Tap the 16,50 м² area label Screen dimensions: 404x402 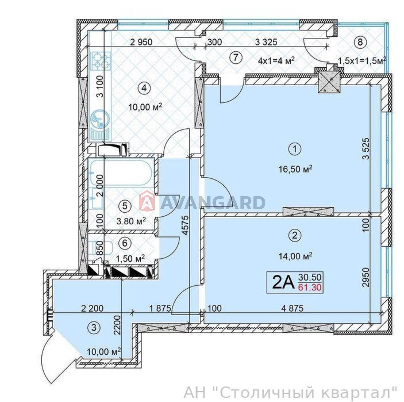(295, 169)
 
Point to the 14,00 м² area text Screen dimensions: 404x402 (295, 256)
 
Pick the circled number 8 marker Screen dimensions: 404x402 (360, 42)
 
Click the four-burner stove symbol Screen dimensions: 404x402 (100, 61)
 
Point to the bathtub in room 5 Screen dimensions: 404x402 (121, 173)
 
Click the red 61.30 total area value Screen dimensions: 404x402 (310, 287)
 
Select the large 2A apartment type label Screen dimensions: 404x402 (283, 282)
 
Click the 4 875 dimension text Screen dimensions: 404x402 (292, 308)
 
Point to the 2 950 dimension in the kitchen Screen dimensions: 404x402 (141, 42)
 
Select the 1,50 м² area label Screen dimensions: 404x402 (130, 258)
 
